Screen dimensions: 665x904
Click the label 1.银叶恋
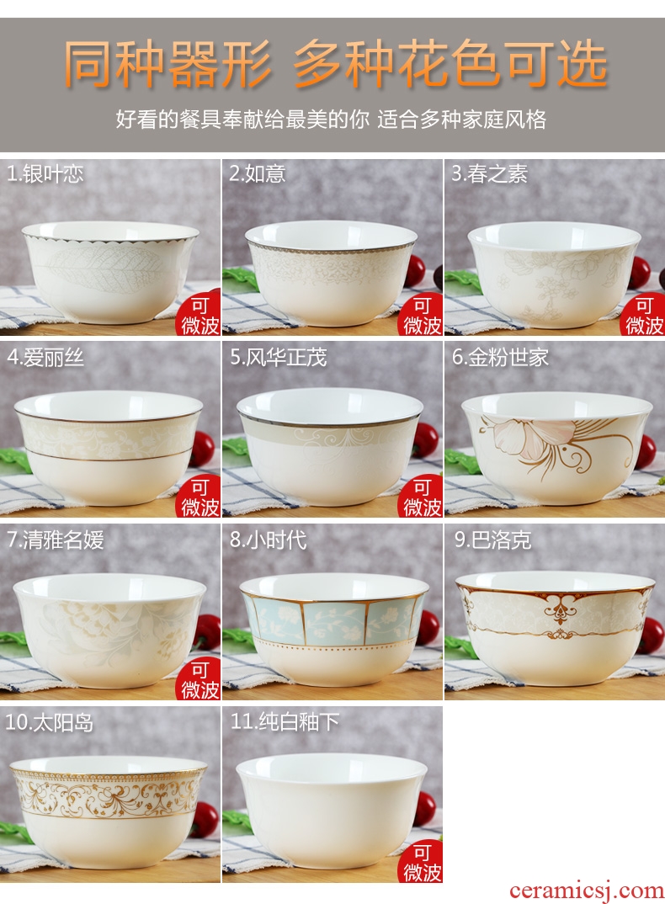tap(45, 174)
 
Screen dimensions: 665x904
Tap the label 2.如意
tap(258, 173)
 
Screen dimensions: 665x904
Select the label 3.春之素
tap(489, 173)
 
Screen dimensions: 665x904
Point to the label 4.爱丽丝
tap(45, 358)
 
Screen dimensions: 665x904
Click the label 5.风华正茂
tap(278, 357)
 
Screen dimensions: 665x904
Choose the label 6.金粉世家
tap(500, 357)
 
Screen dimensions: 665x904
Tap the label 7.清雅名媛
tap(56, 540)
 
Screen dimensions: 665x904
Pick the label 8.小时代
tap(269, 540)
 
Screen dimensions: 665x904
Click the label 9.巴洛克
tap(492, 540)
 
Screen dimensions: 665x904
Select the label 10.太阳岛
tap(50, 722)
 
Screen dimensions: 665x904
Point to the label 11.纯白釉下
tap(285, 722)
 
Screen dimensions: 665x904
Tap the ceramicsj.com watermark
tap(587, 891)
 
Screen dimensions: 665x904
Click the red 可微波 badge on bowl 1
tap(199, 314)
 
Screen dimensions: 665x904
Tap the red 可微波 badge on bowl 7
tap(199, 678)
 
